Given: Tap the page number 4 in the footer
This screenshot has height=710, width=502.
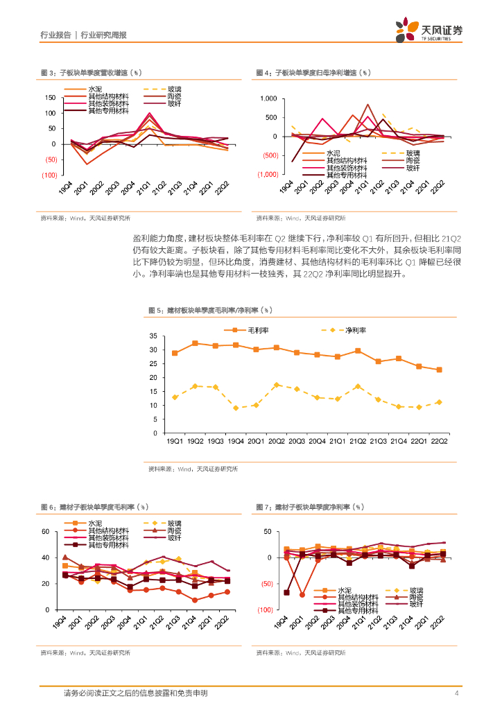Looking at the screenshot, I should [456, 693].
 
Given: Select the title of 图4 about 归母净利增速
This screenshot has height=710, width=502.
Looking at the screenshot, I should [313, 72].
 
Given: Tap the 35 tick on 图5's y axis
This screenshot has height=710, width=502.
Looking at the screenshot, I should [153, 336].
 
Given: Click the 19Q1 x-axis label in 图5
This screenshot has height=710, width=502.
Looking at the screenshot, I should [174, 441].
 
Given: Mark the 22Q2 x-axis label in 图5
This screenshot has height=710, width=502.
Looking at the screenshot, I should [438, 441].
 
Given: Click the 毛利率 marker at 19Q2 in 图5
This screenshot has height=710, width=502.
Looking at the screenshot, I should [195, 343].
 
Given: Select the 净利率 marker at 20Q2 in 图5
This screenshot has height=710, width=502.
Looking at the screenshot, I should [277, 385].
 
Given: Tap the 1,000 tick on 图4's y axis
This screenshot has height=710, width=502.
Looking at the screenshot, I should [268, 99].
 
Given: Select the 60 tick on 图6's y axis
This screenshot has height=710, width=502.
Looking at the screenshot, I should [46, 531].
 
